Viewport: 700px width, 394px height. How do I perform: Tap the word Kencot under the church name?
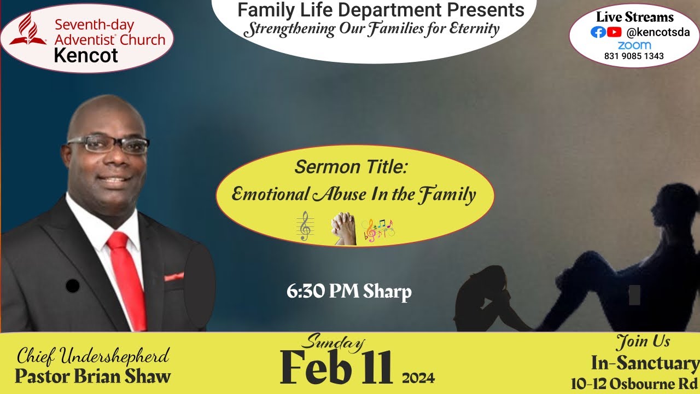(x=86, y=55)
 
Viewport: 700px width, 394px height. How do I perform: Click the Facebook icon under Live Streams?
(x=598, y=32)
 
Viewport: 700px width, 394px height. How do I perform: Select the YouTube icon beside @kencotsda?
(x=614, y=32)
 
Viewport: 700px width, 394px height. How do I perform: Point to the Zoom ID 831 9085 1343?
(x=634, y=56)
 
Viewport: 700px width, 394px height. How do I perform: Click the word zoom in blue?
(x=634, y=45)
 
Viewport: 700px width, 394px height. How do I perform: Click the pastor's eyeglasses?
(x=108, y=144)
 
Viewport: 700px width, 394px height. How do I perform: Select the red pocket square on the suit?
(x=174, y=276)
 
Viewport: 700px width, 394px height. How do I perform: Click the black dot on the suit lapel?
(x=72, y=286)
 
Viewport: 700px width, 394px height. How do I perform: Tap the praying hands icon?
(x=343, y=229)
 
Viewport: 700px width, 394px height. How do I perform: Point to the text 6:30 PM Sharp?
(x=349, y=292)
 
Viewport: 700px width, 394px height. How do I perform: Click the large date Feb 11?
(x=336, y=367)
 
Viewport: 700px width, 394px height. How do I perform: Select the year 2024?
(x=418, y=378)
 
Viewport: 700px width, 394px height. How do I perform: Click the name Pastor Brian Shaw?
(x=93, y=376)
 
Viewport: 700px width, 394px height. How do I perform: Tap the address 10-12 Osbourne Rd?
(x=634, y=384)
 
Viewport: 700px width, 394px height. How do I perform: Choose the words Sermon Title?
(x=351, y=167)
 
